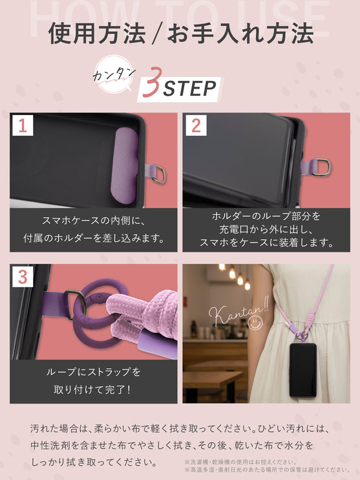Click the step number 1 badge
pos(23,125)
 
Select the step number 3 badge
pos(23,278)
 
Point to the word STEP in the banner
pos(188,88)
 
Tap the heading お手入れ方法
pos(240,34)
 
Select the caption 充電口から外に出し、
pos(266,229)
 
